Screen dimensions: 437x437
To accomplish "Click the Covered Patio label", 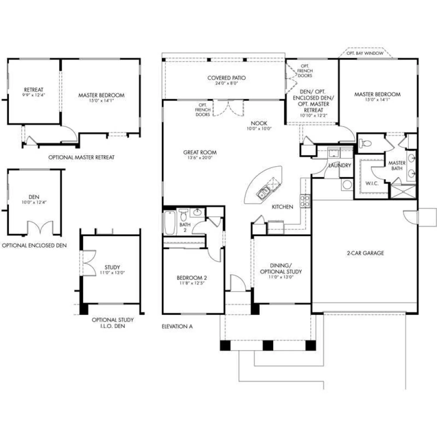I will coord(226,78).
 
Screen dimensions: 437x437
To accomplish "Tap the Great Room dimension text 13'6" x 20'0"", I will coord(200,158).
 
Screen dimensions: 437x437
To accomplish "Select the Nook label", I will coord(259,123).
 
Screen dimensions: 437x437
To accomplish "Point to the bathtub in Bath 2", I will coord(170,223).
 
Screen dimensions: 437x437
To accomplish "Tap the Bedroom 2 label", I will coord(192,278).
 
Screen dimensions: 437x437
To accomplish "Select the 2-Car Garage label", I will coord(365,253).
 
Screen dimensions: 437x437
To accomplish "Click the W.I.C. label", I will coord(372,183).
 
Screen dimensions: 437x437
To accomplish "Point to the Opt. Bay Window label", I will coord(365,53).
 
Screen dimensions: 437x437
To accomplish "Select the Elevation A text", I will coord(177,326).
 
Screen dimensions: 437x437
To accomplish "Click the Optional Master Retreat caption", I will coord(81,157).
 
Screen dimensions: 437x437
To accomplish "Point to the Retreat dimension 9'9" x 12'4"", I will coord(34,95).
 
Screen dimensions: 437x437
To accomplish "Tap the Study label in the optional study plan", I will coord(112,267).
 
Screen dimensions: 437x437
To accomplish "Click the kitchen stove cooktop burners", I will coord(305,201).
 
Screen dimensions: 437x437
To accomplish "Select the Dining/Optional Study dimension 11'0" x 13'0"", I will coord(281,277).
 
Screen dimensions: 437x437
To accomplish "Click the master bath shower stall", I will coord(403,192).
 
